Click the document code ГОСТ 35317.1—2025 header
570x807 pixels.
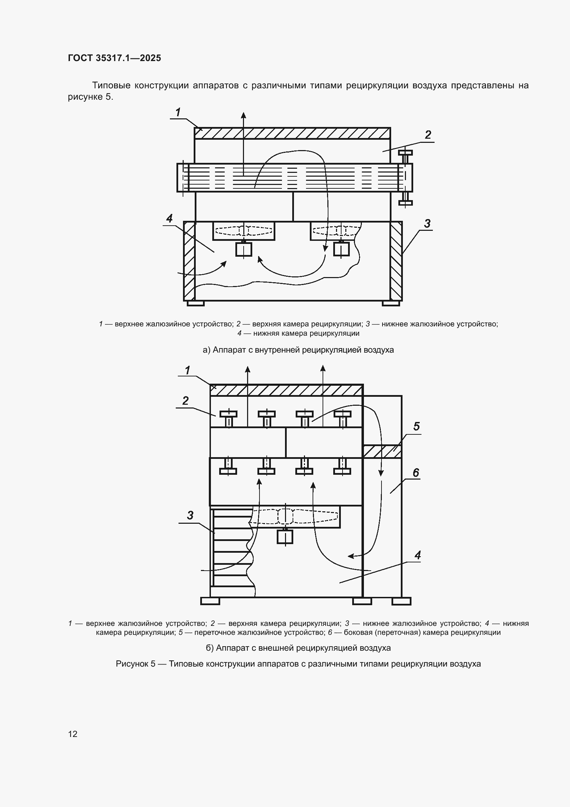click(x=114, y=58)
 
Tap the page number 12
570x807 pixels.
click(x=73, y=734)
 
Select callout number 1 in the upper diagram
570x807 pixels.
click(x=178, y=112)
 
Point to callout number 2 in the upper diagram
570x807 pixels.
click(x=428, y=135)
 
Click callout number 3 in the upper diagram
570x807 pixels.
click(x=427, y=223)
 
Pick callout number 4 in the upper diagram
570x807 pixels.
click(x=170, y=218)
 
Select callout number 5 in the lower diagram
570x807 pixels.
click(x=416, y=426)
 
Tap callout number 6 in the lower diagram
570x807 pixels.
click(x=416, y=473)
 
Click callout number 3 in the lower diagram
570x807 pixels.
click(x=190, y=515)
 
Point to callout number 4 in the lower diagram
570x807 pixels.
click(x=417, y=555)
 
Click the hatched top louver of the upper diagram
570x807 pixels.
click(x=292, y=134)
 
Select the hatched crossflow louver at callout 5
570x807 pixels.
click(x=382, y=452)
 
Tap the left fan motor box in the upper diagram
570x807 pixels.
click(x=244, y=249)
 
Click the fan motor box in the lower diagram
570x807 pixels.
click(x=285, y=537)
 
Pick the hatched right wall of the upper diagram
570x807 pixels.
click(x=396, y=261)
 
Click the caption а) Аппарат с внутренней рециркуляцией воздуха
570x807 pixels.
click(x=298, y=350)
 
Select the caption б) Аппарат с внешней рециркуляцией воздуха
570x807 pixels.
click(x=298, y=648)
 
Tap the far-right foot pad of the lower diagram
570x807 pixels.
click(x=401, y=601)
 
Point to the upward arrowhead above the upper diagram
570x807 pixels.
click(x=243, y=115)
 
